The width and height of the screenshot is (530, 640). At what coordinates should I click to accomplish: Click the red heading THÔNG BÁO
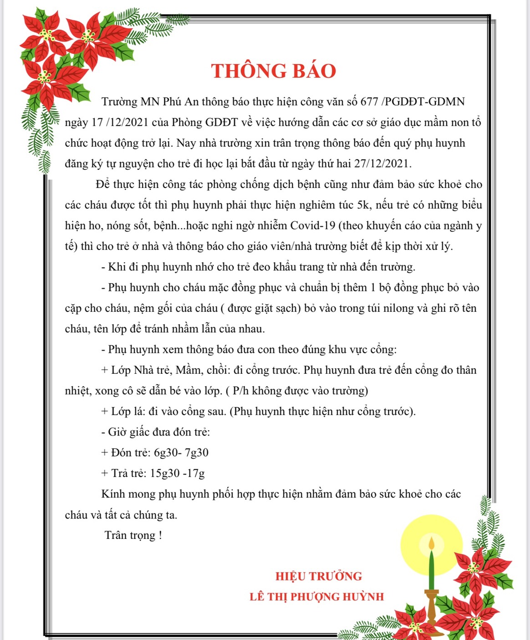click(x=273, y=71)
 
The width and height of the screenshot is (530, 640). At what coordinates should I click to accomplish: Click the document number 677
click(x=369, y=102)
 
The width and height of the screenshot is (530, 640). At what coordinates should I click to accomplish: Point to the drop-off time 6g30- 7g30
click(x=181, y=452)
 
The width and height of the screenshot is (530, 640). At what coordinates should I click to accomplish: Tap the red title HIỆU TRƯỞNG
click(x=318, y=576)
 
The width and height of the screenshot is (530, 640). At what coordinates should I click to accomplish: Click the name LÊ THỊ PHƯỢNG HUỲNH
click(x=316, y=597)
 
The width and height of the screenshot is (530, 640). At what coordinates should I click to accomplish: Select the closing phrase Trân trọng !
click(x=133, y=535)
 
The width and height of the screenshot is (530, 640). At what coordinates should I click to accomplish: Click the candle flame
click(x=431, y=543)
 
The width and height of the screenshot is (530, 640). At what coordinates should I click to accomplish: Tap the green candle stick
click(x=431, y=569)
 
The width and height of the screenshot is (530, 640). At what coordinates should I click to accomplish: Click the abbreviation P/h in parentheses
click(x=241, y=391)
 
